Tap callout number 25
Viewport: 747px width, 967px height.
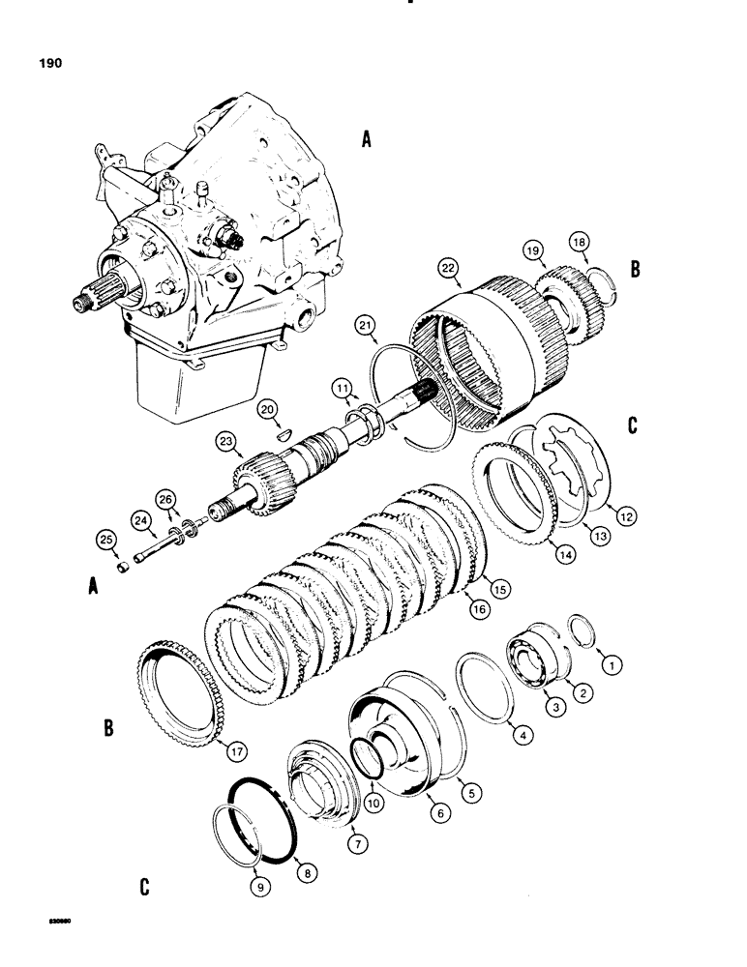coord(105,538)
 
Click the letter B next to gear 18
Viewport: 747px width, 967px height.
coord(635,271)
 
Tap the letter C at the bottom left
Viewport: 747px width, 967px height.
coord(144,886)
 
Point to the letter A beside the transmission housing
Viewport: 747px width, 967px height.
coord(366,141)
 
